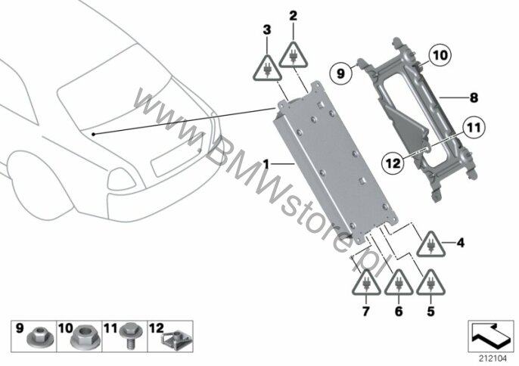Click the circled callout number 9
tap(341, 73)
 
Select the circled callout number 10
tap(440, 55)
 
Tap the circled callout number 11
tap(474, 128)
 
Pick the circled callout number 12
tap(392, 163)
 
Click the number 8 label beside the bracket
tap(474, 98)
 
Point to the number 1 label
tap(266, 163)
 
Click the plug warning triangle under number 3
tap(267, 68)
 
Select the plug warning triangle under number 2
tap(294, 54)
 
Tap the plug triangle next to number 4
tap(430, 244)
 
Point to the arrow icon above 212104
tap(491, 336)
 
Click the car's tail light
tap(122, 179)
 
